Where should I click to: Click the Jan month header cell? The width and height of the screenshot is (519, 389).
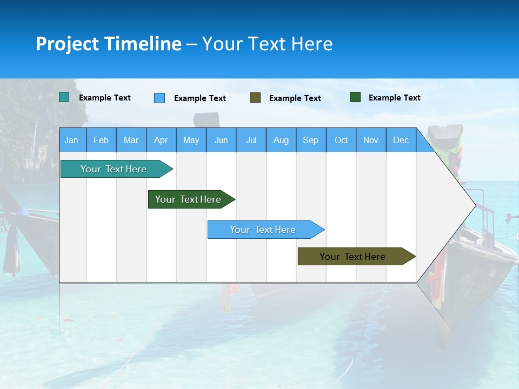[x=72, y=140]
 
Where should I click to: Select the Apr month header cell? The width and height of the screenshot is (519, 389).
[x=161, y=140]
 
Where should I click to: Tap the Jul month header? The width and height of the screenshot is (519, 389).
[x=251, y=140]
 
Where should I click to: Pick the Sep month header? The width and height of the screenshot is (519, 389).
[x=311, y=140]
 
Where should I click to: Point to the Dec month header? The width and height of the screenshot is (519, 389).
[x=401, y=140]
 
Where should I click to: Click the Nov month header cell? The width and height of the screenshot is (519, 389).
[x=371, y=140]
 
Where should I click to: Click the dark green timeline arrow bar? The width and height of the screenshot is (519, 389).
[x=189, y=199]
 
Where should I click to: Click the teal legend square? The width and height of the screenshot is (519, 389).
[x=64, y=97]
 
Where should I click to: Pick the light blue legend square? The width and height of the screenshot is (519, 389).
[x=159, y=98]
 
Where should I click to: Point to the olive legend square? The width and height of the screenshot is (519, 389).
[x=255, y=97]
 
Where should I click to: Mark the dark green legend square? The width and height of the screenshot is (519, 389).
[x=355, y=97]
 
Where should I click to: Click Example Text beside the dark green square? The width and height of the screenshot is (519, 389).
[x=394, y=98]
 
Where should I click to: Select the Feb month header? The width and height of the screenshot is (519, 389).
[x=101, y=140]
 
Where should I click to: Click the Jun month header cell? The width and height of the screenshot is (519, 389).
[x=221, y=140]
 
